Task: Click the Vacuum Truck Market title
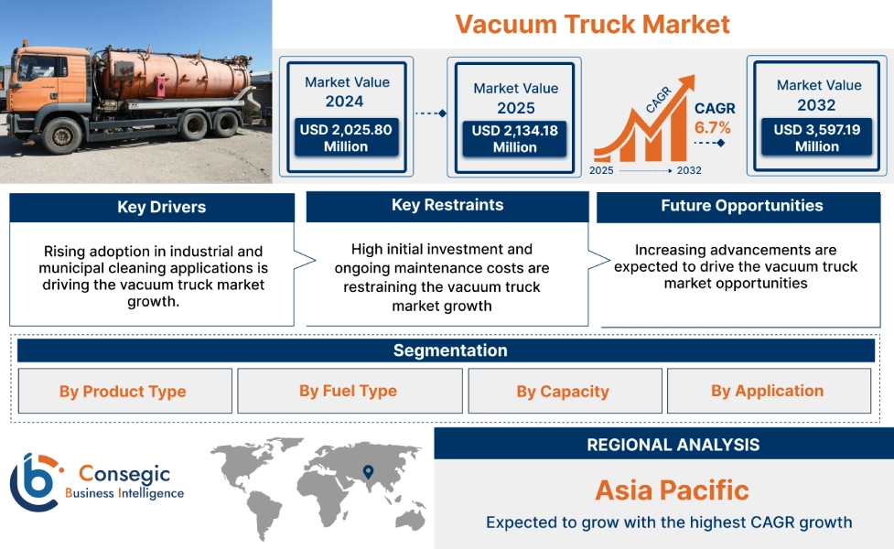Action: [592, 24]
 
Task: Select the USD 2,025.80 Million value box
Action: [346, 138]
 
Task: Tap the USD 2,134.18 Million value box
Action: [515, 139]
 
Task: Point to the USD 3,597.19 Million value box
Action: [817, 138]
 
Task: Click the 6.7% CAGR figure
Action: [713, 127]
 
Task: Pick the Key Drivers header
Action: [152, 208]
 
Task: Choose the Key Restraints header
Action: [447, 206]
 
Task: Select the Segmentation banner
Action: [450, 351]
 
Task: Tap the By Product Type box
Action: [123, 392]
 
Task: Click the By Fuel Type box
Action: [349, 392]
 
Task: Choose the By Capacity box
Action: [563, 392]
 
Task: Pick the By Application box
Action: [768, 392]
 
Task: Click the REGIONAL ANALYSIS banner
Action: [673, 445]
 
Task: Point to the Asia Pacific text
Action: [672, 490]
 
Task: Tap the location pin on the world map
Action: [368, 472]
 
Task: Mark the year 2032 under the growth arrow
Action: [689, 170]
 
